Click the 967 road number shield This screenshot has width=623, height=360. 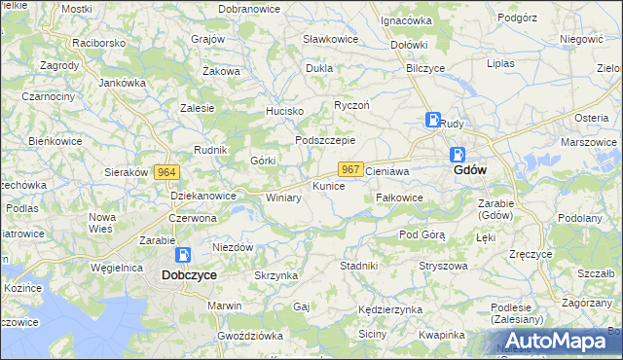tap(351, 169)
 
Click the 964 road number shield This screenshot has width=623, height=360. tap(165, 172)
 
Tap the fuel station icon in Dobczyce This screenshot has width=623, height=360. tap(182, 255)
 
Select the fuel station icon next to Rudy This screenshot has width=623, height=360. tap(432, 121)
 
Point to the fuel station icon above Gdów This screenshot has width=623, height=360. tap(457, 153)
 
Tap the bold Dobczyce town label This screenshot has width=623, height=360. tap(189, 275)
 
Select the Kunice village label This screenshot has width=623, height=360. tap(328, 185)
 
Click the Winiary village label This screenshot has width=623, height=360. tap(283, 198)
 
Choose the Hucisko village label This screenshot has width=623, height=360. tap(286, 112)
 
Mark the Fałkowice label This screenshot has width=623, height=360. tap(399, 198)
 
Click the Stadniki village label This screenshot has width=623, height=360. tap(358, 265)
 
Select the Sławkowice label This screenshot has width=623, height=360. tap(330, 39)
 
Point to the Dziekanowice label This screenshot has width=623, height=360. tap(203, 196)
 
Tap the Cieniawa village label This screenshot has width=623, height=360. tap(385, 170)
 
